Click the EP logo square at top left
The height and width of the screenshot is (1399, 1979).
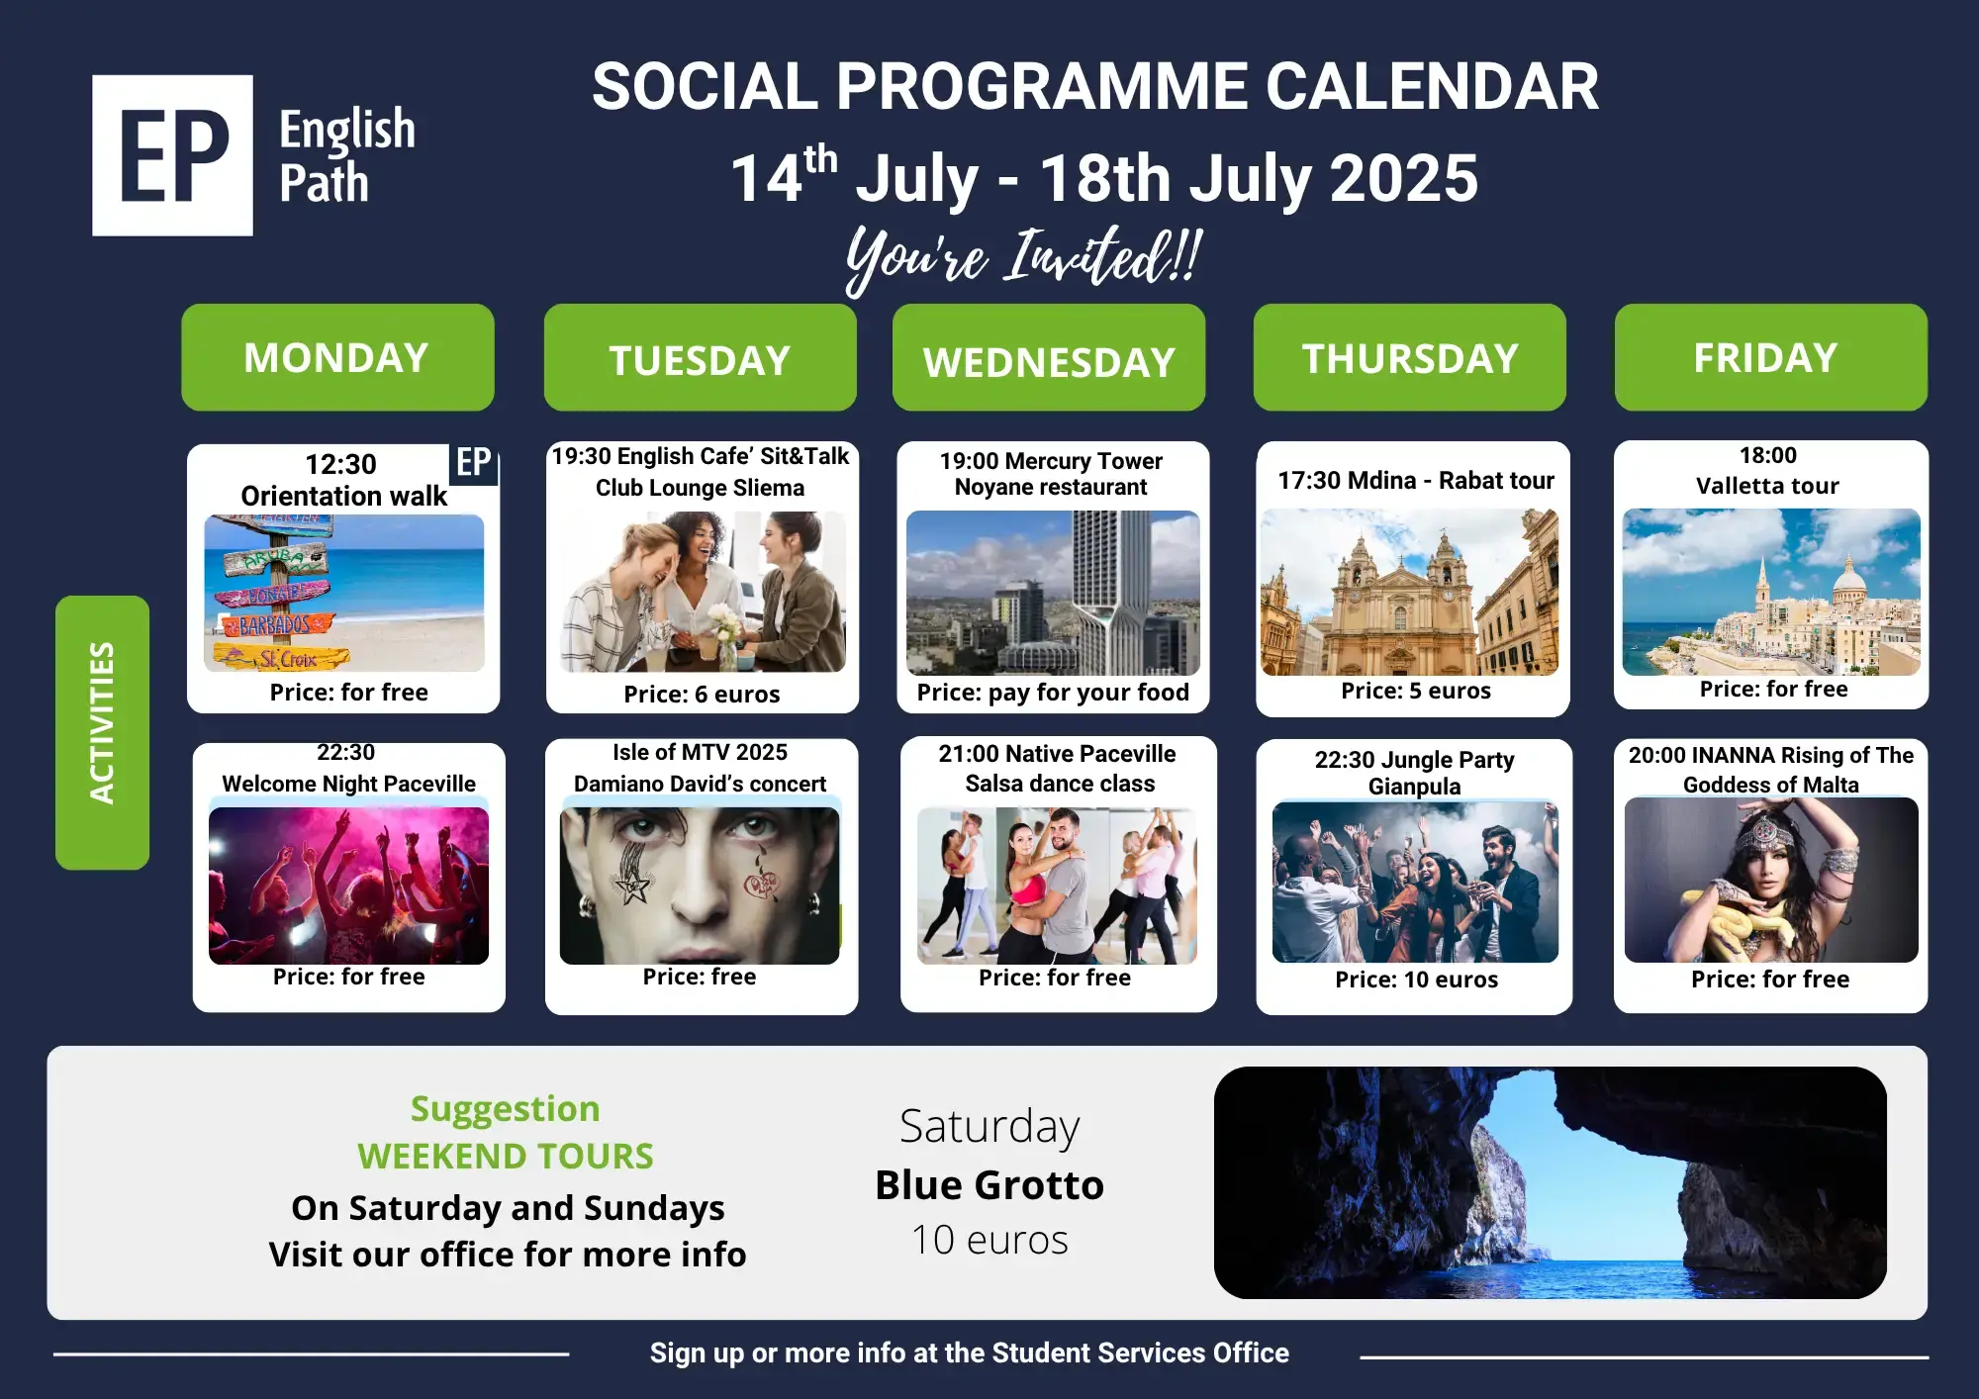(172, 155)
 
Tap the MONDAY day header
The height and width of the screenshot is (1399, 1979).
(337, 357)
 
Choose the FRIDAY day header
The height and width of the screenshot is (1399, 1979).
(1771, 357)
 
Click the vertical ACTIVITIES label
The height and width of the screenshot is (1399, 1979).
(102, 732)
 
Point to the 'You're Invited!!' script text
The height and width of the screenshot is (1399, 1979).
(1024, 258)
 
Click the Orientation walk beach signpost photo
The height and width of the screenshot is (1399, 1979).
(344, 594)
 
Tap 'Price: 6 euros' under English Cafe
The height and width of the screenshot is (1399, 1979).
(702, 695)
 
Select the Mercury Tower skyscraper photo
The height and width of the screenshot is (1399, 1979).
(1053, 593)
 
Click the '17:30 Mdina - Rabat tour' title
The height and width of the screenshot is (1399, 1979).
(1416, 481)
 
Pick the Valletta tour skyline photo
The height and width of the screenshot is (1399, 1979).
(1771, 592)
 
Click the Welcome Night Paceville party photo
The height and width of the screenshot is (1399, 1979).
(348, 886)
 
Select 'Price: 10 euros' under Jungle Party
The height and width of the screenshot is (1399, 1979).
(1416, 979)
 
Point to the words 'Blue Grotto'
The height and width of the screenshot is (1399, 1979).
(989, 1185)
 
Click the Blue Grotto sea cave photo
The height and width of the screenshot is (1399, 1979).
(1551, 1182)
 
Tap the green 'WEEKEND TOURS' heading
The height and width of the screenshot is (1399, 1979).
(506, 1156)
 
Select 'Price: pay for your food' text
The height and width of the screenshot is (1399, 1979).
(1053, 693)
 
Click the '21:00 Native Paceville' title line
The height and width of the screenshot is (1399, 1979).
(1057, 754)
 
